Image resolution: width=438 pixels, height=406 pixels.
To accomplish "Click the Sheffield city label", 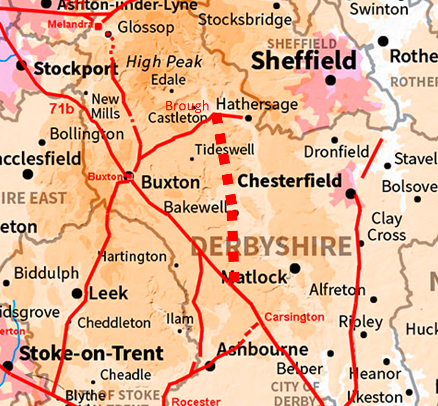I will (304, 61).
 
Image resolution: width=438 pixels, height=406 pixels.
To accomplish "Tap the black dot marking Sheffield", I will (331, 80).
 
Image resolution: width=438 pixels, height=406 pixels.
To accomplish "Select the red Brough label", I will (187, 106).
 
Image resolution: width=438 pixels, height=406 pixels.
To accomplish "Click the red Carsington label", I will (295, 317).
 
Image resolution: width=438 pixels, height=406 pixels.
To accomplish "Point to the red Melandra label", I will (70, 25).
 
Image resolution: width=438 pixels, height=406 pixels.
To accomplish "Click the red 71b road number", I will (62, 109).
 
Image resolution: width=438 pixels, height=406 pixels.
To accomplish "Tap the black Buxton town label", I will (170, 182).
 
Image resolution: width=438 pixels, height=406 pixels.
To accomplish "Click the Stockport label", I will (76, 69).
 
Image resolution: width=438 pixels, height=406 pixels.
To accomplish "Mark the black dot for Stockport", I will (21, 66).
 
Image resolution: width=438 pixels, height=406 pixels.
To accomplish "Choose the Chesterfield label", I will (289, 180).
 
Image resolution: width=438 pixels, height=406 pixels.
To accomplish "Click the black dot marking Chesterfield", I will (350, 193).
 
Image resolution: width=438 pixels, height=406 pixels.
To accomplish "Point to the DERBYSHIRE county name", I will (270, 247).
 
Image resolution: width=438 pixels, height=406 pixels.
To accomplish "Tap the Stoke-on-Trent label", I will (91, 353).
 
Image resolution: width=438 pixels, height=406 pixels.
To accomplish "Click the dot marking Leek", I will (77, 293).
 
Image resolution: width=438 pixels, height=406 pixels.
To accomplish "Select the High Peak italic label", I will (164, 62).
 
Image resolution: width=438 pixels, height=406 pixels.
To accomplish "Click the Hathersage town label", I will (257, 104).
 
